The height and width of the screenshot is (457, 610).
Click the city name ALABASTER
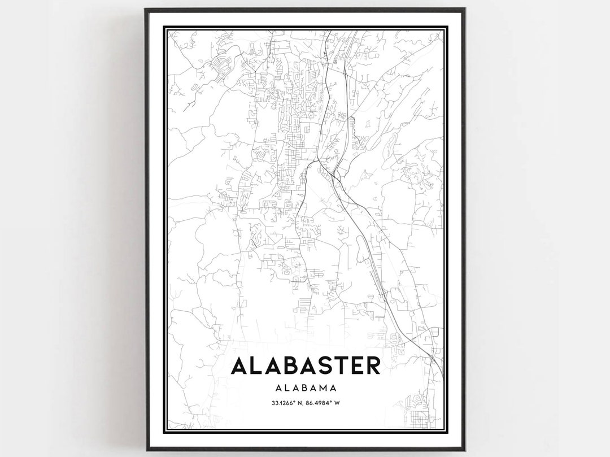coord(306,365)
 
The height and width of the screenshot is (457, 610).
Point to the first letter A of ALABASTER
coord(240,365)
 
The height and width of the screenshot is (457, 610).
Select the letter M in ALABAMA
coord(323,388)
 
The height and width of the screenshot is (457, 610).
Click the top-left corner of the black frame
coord(146,9)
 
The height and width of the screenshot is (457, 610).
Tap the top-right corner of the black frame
coord(464,9)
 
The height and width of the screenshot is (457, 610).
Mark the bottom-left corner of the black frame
coord(146,449)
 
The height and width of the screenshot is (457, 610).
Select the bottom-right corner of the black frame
coord(464,449)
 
